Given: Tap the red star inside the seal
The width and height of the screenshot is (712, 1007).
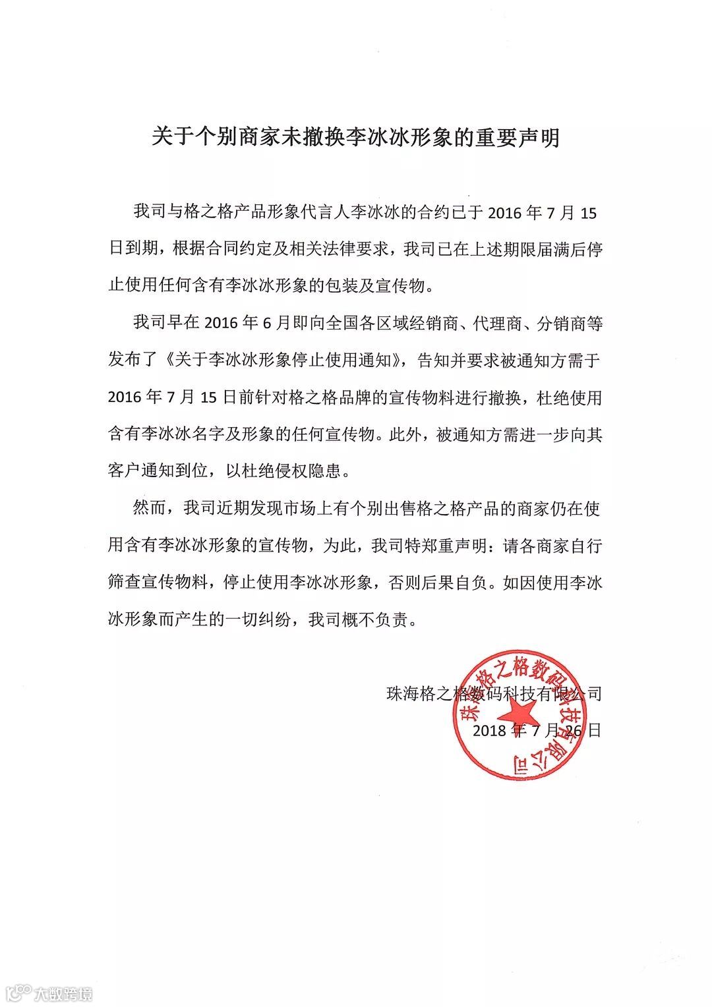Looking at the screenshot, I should click(x=516, y=716).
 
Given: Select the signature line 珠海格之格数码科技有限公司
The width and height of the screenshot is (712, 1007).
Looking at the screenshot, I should click(x=494, y=693).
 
